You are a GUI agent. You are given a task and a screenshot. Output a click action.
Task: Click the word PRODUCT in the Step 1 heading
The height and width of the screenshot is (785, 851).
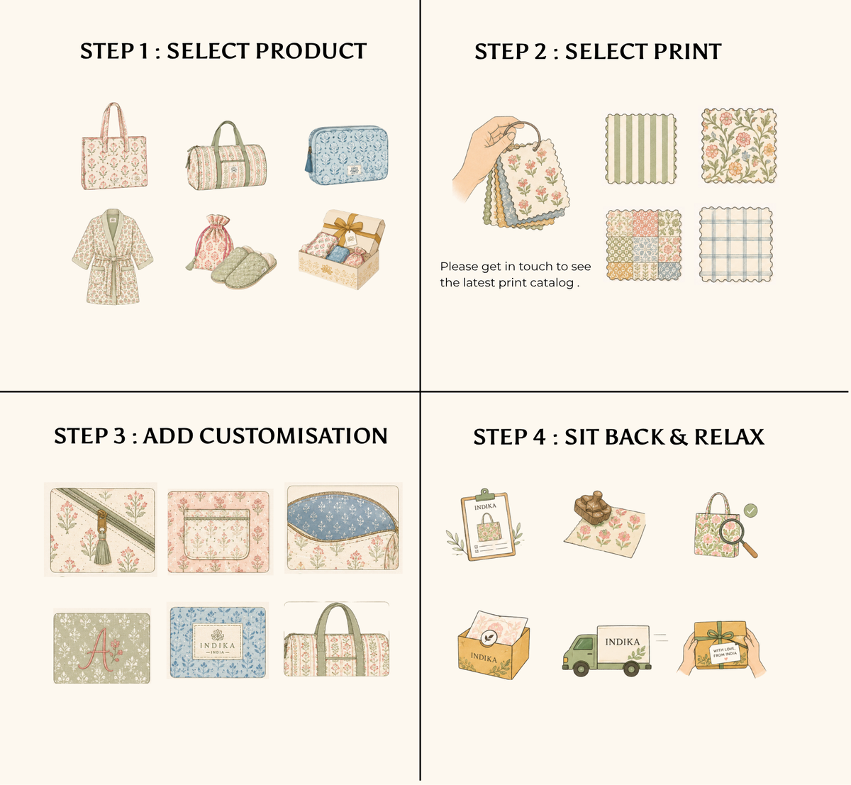[x=311, y=51]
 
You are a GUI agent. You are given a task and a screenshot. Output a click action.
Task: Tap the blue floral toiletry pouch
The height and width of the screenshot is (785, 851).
[x=347, y=155]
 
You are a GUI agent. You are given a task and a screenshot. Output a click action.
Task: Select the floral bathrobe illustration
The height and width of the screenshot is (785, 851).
[x=112, y=257]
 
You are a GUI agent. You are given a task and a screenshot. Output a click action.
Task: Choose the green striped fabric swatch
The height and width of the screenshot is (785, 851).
[x=640, y=149]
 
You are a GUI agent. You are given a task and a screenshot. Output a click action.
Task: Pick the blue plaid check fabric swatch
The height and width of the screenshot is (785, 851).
[x=735, y=244]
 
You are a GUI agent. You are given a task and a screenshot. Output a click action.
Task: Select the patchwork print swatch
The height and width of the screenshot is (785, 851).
[x=644, y=245]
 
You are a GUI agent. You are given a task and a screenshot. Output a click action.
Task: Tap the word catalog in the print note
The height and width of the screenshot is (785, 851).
[x=552, y=283]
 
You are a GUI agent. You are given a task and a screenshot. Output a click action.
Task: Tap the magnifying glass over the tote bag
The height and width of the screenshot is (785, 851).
[x=735, y=538]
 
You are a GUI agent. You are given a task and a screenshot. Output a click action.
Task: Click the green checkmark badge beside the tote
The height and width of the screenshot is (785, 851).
[x=750, y=511]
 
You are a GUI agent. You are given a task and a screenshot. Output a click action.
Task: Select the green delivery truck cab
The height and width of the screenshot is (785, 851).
[x=580, y=649]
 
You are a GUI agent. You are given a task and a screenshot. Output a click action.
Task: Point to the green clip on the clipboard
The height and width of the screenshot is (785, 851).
[x=484, y=494]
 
